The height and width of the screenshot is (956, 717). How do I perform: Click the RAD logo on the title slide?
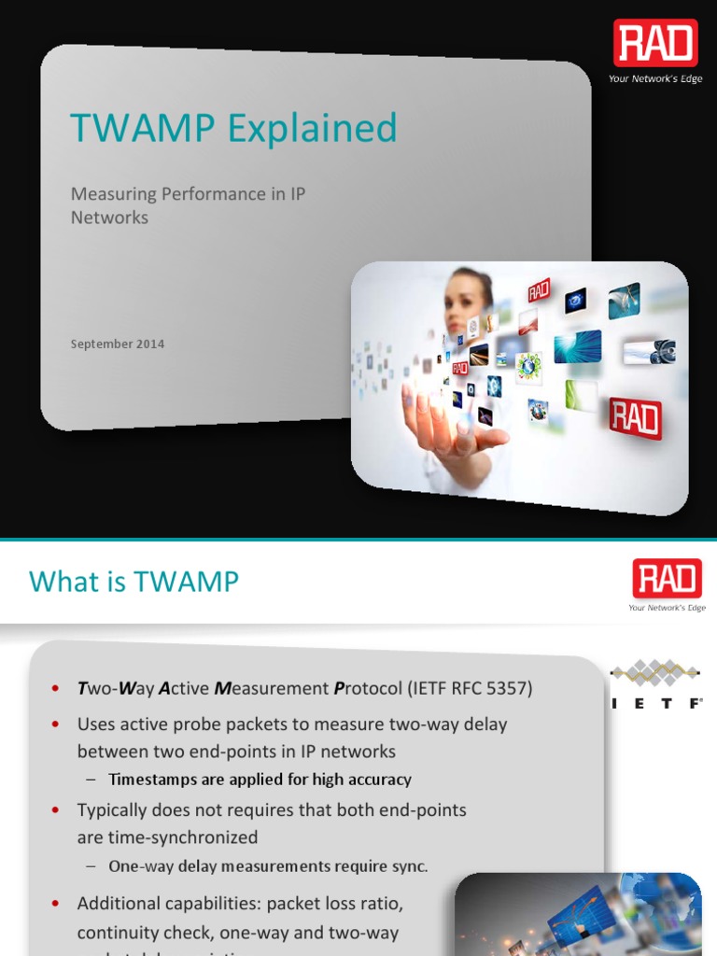point(655,44)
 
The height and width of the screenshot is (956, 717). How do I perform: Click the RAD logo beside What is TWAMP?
point(667,579)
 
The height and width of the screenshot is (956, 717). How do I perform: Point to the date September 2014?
point(118,344)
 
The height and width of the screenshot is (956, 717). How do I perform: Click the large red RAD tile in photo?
point(635,417)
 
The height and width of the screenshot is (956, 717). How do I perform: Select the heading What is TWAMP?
point(134,582)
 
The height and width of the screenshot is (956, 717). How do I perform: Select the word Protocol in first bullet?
point(367,689)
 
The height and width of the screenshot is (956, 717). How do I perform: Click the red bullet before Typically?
point(57,809)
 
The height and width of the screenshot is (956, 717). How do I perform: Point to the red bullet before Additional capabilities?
point(57,904)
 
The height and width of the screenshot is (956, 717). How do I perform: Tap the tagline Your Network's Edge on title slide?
point(655,79)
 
